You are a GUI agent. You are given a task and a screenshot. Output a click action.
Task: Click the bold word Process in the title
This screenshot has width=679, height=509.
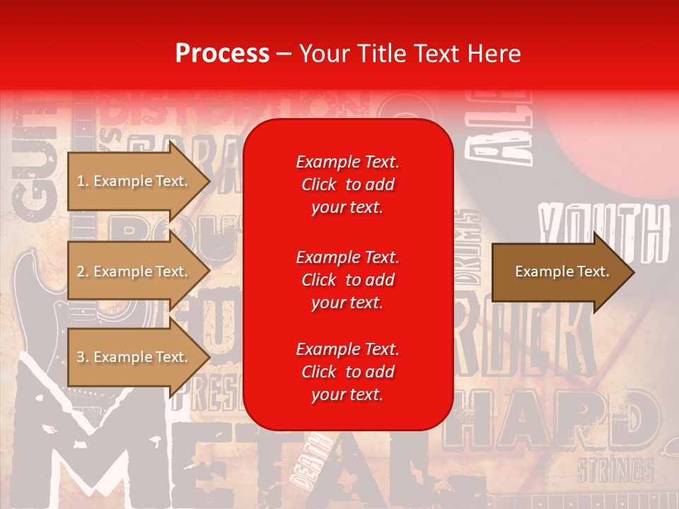coord(222,54)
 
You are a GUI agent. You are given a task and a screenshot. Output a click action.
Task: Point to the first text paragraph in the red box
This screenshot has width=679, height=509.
coord(347,185)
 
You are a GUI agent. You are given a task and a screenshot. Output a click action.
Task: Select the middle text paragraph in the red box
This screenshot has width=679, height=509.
coord(347,280)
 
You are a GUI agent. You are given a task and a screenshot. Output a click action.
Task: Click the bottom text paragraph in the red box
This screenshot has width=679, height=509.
coord(347,372)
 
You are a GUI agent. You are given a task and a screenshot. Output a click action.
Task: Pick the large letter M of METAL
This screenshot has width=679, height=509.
coord(85,452)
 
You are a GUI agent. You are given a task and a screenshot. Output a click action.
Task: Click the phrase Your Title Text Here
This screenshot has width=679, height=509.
coord(410,54)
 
